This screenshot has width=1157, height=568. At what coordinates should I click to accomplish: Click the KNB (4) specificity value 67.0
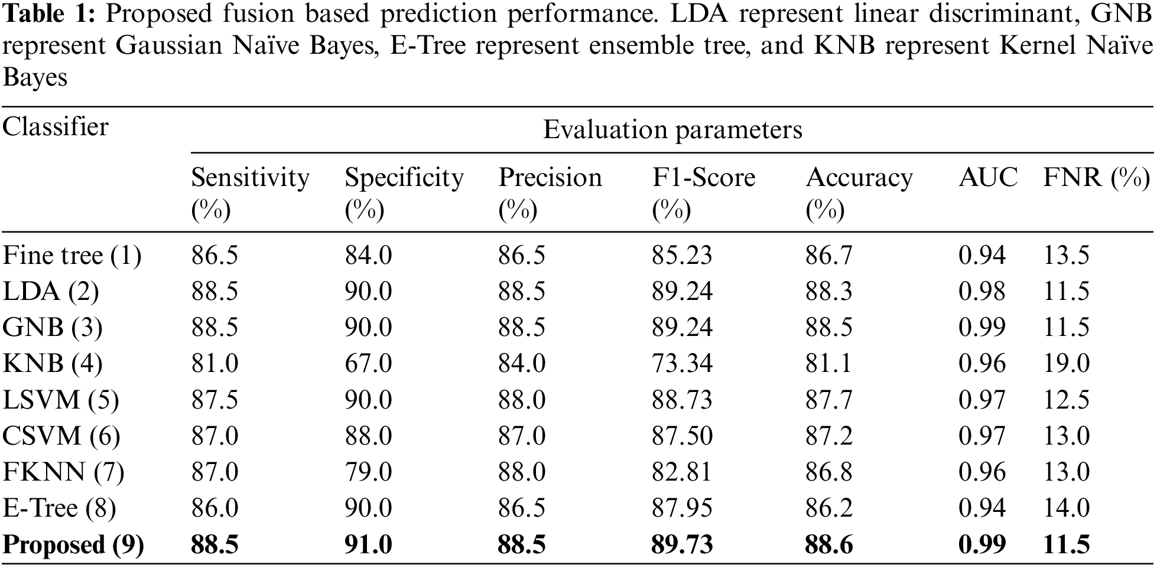(x=368, y=364)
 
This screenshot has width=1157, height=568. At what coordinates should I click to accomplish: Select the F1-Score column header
(x=703, y=178)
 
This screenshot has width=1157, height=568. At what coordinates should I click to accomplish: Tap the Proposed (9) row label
(x=73, y=544)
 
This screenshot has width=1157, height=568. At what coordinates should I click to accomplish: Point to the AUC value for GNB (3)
(x=981, y=327)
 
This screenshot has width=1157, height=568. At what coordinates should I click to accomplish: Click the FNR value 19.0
(x=1066, y=364)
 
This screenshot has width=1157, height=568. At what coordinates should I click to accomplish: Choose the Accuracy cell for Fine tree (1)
(x=828, y=255)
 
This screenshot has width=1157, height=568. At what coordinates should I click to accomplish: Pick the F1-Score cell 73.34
(x=682, y=364)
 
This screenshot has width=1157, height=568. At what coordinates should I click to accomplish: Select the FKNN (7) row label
(x=63, y=472)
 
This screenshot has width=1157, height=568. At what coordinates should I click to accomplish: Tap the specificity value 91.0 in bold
(x=368, y=544)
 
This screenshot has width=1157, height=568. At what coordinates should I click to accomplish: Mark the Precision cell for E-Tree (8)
(x=521, y=508)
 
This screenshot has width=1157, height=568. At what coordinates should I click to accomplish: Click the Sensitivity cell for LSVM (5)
(x=214, y=400)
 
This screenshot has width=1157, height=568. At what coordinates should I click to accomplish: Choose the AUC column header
(x=988, y=178)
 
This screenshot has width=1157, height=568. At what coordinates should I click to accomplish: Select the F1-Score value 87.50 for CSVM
(x=682, y=436)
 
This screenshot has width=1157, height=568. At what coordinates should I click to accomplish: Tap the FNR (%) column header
(x=1096, y=178)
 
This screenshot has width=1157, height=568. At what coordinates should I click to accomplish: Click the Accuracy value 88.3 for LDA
(x=828, y=292)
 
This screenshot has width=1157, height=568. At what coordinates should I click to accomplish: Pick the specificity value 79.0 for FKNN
(x=368, y=472)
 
